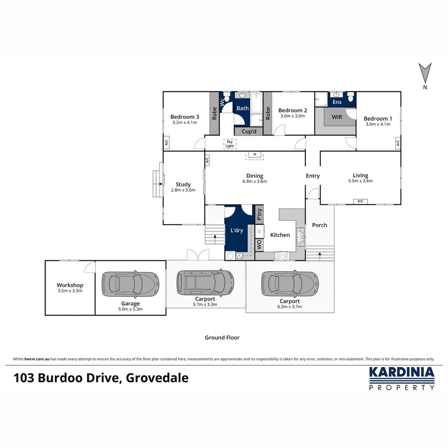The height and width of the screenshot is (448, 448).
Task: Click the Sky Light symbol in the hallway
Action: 229,144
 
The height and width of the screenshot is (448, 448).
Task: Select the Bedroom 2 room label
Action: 292,110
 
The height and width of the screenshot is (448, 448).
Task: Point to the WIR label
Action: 337,117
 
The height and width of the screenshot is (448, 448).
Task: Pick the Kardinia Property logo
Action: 402,378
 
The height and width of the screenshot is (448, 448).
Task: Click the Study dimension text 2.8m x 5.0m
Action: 183,190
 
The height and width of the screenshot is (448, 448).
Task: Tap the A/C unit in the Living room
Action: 360,202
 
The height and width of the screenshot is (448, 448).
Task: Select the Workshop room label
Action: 70,285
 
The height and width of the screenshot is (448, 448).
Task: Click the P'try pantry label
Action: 259,214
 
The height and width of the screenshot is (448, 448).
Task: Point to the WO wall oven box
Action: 259,245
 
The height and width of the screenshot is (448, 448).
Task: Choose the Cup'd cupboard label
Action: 249,131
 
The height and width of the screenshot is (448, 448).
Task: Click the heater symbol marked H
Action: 255,155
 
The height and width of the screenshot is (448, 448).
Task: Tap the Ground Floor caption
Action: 222,338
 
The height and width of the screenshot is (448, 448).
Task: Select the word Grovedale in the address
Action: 157,378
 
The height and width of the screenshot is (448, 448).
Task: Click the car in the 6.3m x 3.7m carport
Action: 290,284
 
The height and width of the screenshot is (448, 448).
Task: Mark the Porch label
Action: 319,225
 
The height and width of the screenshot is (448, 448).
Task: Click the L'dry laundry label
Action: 236,230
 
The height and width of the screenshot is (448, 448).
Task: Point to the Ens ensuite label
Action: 337,102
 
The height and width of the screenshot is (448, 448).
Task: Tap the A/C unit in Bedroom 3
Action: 166,143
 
